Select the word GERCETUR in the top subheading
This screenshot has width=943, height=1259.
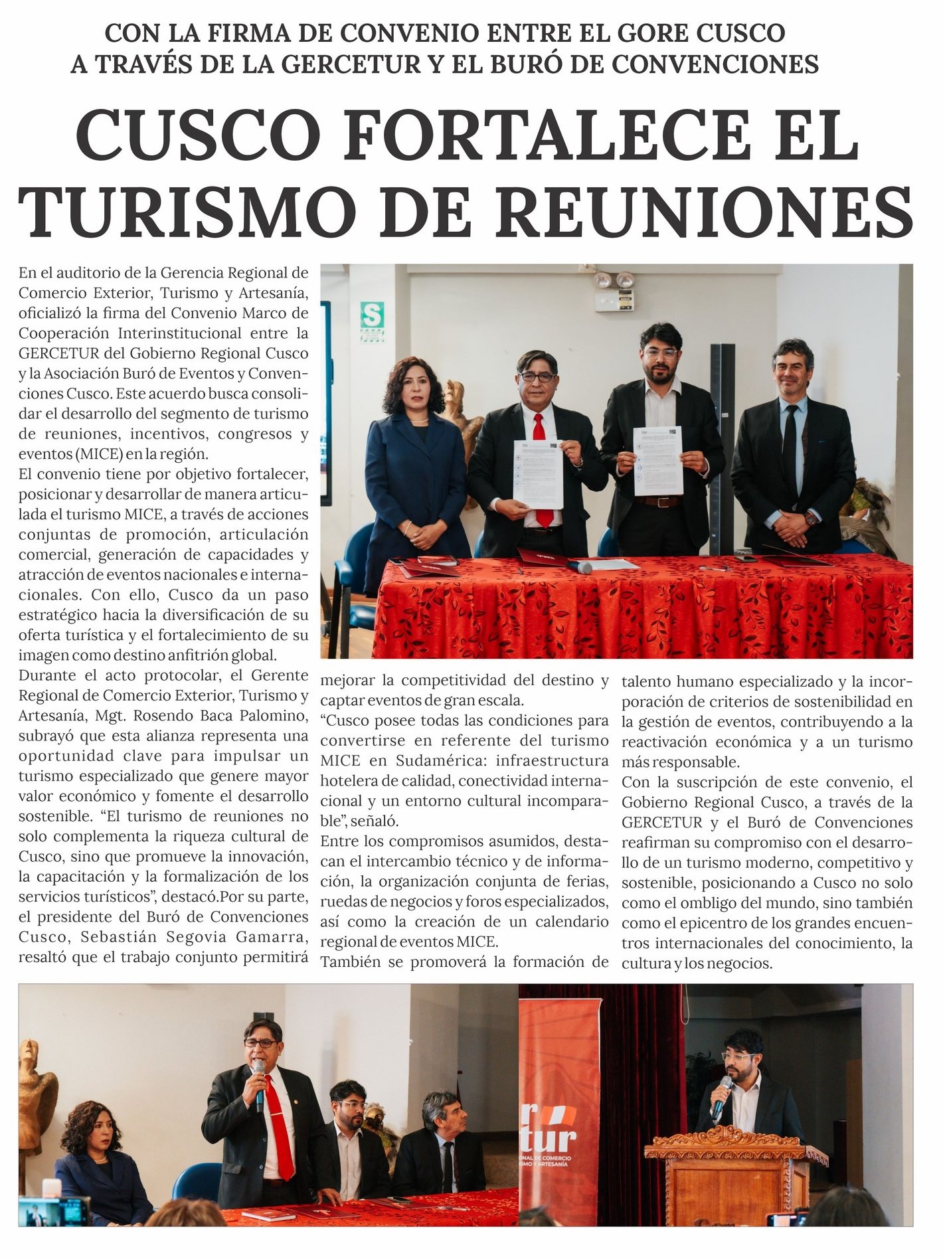pyautogui.click(x=352, y=64)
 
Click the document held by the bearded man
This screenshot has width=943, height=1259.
pyautogui.click(x=658, y=460)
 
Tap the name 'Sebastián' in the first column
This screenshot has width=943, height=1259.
pyautogui.click(x=114, y=937)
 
